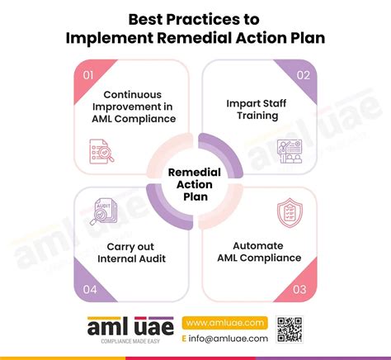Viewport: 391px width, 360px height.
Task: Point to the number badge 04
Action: (x=88, y=288)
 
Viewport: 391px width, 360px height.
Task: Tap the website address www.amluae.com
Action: (x=224, y=322)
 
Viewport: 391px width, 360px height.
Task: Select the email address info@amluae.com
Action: (x=230, y=339)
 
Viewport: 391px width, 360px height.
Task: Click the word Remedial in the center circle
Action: (x=195, y=173)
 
